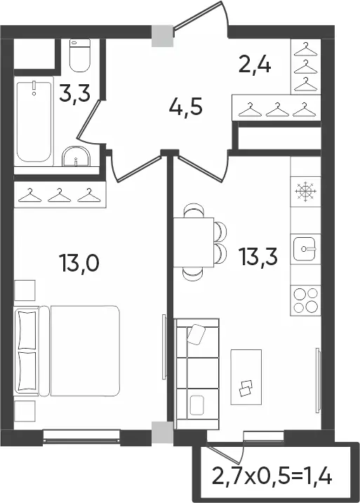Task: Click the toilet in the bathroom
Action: [x=80, y=55]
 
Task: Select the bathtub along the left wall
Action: [x=34, y=122]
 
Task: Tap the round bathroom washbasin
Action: [x=76, y=156]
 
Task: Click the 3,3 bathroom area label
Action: [x=75, y=92]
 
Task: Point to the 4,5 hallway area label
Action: [x=185, y=107]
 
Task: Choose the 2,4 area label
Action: [x=255, y=65]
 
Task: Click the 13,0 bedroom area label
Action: [x=79, y=262]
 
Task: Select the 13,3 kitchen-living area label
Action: [x=258, y=257]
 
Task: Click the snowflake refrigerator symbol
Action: [x=305, y=192]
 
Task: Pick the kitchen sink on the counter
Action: [x=305, y=248]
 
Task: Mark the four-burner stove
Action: [x=305, y=300]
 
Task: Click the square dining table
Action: [x=194, y=242]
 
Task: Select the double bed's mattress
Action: [x=85, y=351]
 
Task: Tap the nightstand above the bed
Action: [x=25, y=290]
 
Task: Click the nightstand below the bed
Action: [x=25, y=410]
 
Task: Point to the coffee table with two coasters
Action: [x=246, y=377]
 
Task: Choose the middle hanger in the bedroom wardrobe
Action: [x=60, y=195]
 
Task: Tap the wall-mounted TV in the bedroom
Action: [x=164, y=347]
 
